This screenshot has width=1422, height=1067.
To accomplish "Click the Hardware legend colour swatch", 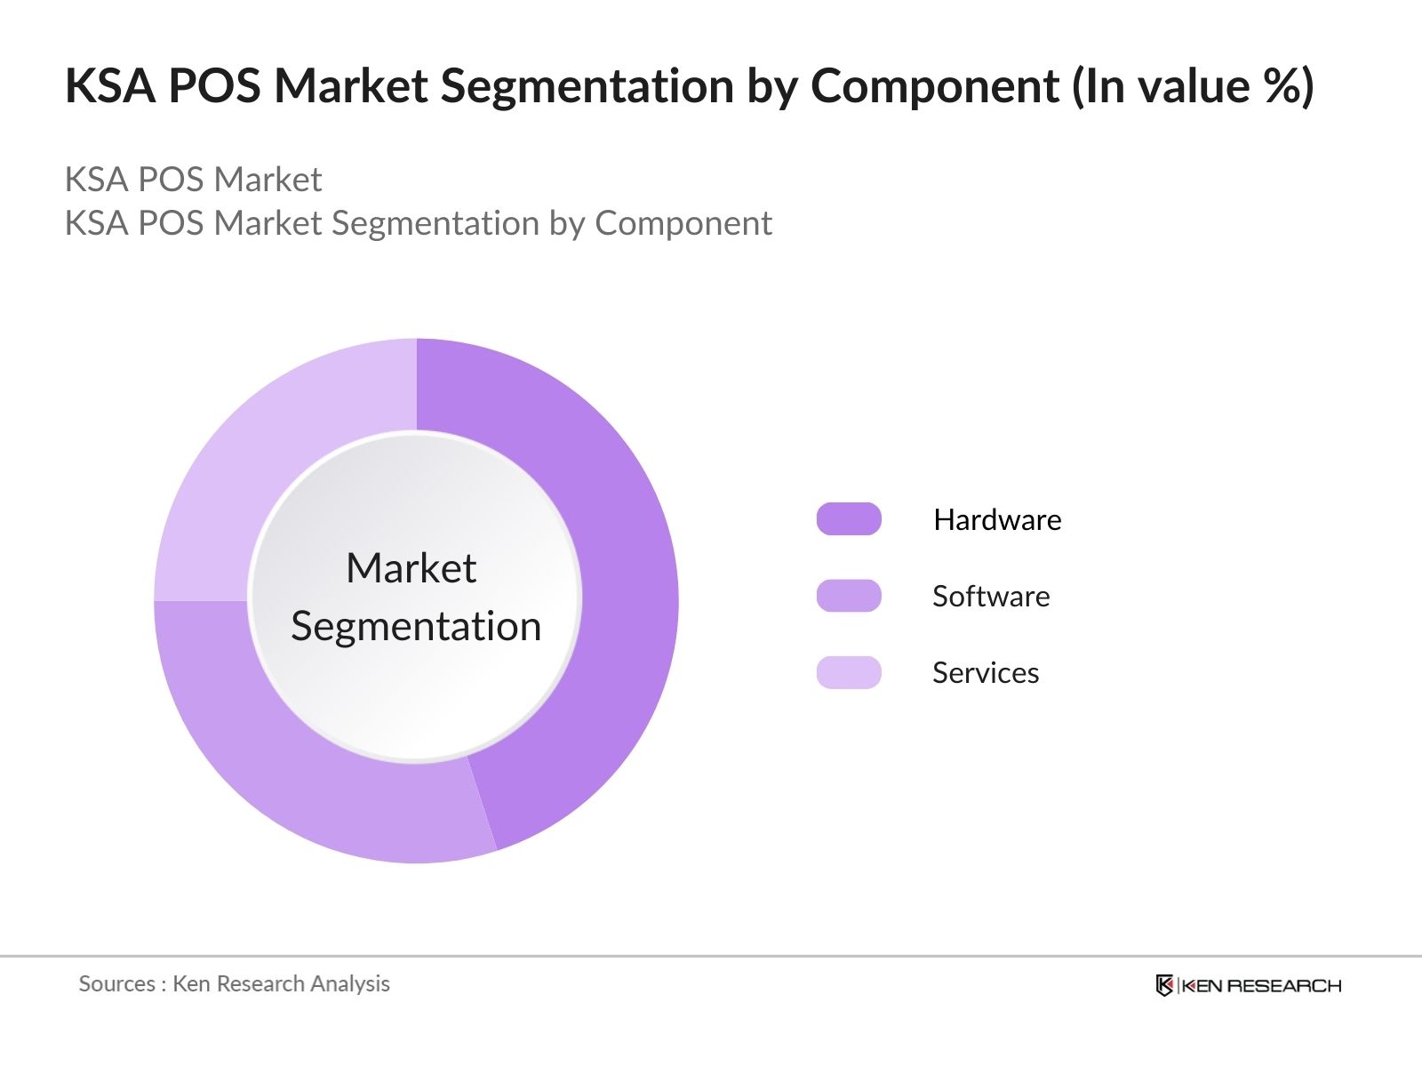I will click(849, 519).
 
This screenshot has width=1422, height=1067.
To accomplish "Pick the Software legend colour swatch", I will click(849, 596).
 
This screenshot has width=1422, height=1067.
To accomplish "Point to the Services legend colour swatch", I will click(849, 672).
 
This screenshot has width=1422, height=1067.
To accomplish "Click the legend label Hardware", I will click(997, 519).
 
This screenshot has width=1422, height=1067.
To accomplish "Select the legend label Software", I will click(991, 596).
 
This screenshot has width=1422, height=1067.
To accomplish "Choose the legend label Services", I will click(986, 673).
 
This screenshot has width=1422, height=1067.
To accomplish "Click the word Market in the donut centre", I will click(411, 568).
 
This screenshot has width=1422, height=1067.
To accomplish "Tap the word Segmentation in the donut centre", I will click(416, 627).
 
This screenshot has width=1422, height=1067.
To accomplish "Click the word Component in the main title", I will click(935, 86).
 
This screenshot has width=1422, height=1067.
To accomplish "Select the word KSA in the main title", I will click(110, 86).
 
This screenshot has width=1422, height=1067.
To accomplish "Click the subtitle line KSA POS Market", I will click(193, 180).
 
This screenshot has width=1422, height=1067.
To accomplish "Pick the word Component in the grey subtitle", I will click(683, 223).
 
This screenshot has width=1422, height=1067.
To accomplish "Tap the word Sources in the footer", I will click(116, 983).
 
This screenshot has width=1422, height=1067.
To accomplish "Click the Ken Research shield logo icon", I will click(1164, 985).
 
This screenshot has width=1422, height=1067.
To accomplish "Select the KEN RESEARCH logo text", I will click(1261, 985).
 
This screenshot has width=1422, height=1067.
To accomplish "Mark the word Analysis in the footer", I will click(350, 983).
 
